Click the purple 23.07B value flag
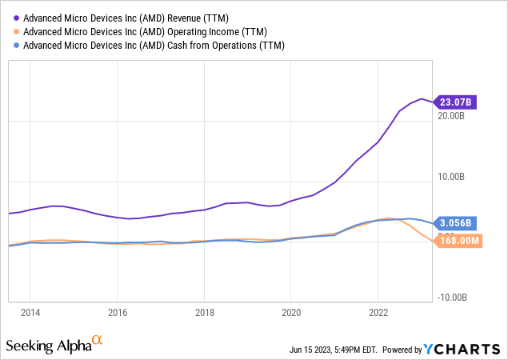(x=456, y=102)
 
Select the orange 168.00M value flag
(x=458, y=240)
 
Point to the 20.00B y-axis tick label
(x=452, y=116)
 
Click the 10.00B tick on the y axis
(x=452, y=177)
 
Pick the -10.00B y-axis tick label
(x=450, y=298)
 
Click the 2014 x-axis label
(x=30, y=312)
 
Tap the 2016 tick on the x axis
(x=118, y=312)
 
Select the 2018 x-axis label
(x=205, y=312)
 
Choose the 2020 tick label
(x=291, y=312)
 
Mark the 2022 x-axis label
(x=378, y=312)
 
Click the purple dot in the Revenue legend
(x=16, y=17)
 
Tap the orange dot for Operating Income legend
(x=16, y=31)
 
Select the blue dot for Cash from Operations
(x=16, y=46)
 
